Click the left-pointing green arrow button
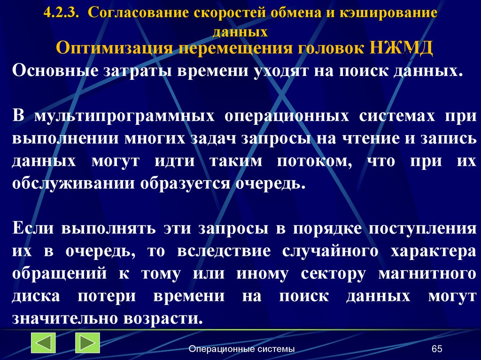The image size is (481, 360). (43, 343)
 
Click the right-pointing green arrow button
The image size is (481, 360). (87, 343)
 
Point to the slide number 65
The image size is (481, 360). (437, 349)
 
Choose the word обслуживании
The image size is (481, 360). (73, 183)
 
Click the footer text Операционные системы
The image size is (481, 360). (241, 349)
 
